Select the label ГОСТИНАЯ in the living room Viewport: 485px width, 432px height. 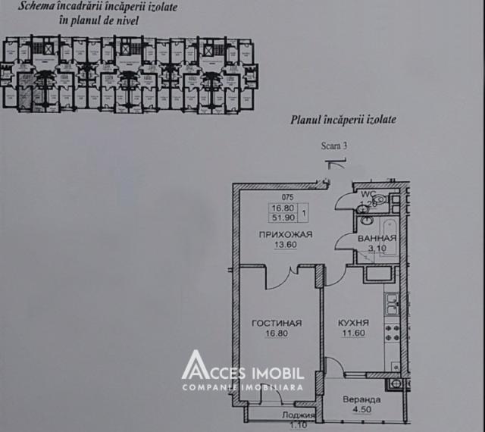click(x=277, y=323)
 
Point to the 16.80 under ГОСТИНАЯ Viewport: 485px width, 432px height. click(x=277, y=333)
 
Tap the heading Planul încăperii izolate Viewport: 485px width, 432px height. click(x=343, y=120)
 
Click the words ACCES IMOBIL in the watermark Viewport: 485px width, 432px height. click(x=254, y=373)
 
